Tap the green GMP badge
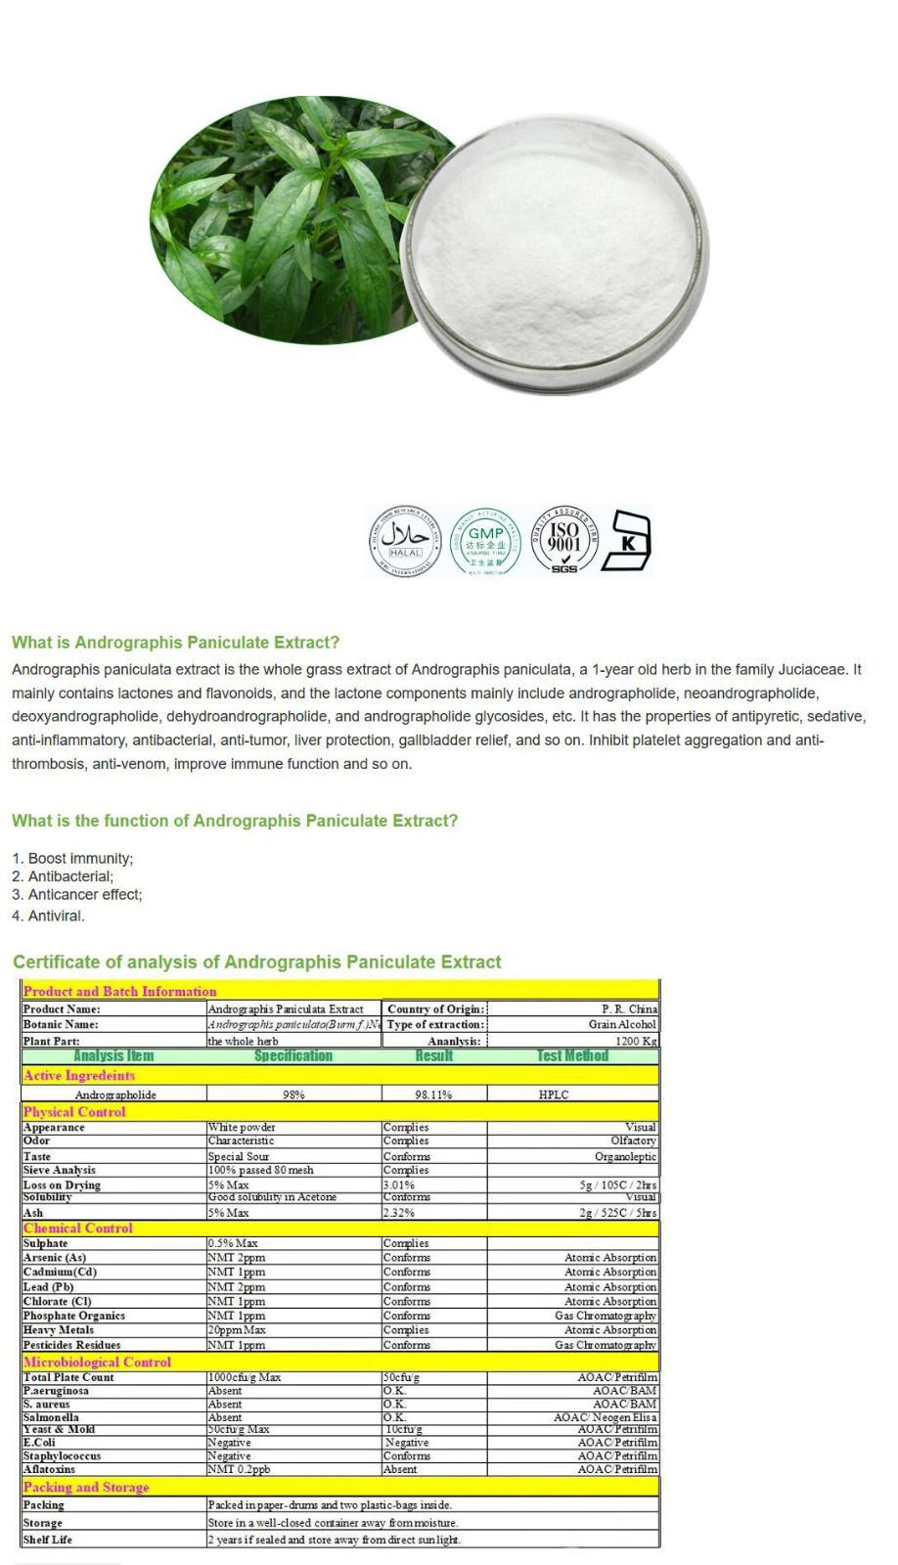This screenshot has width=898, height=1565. coord(486,541)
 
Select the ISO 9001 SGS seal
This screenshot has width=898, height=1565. coord(564,540)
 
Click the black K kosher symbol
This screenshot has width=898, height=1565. coord(628,540)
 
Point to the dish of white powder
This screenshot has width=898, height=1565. coord(555,251)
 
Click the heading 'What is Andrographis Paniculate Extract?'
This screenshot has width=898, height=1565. coord(176,643)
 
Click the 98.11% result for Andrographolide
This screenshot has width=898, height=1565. coord(433,1095)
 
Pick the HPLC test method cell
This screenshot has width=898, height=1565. coord(554,1095)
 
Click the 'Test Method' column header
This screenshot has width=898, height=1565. coord(572,1056)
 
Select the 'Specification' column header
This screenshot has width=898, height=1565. coord(293,1056)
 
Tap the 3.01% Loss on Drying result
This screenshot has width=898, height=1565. coord(398,1185)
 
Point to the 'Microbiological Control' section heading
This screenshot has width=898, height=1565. coord(97,1362)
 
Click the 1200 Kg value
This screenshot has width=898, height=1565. coord(636,1041)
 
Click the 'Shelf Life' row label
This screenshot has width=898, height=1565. coord(49,1540)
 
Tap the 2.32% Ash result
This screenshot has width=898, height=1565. coord(398,1213)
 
